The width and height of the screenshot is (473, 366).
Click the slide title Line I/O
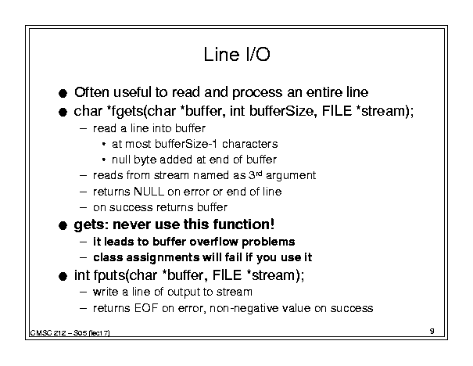237,55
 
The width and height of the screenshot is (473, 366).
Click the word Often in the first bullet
91,92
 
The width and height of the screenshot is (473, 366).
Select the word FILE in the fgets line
337,111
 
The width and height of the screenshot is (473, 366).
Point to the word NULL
149,192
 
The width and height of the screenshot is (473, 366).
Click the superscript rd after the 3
259,173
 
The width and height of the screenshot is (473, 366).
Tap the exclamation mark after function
272,224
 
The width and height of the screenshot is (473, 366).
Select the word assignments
163,257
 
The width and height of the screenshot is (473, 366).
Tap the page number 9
432,331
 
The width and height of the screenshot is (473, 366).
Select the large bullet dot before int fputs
63,276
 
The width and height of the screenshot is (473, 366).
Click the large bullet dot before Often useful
63,93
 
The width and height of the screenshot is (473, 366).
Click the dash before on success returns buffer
83,207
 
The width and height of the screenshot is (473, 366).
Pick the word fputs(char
126,275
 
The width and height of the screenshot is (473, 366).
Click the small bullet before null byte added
103,160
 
